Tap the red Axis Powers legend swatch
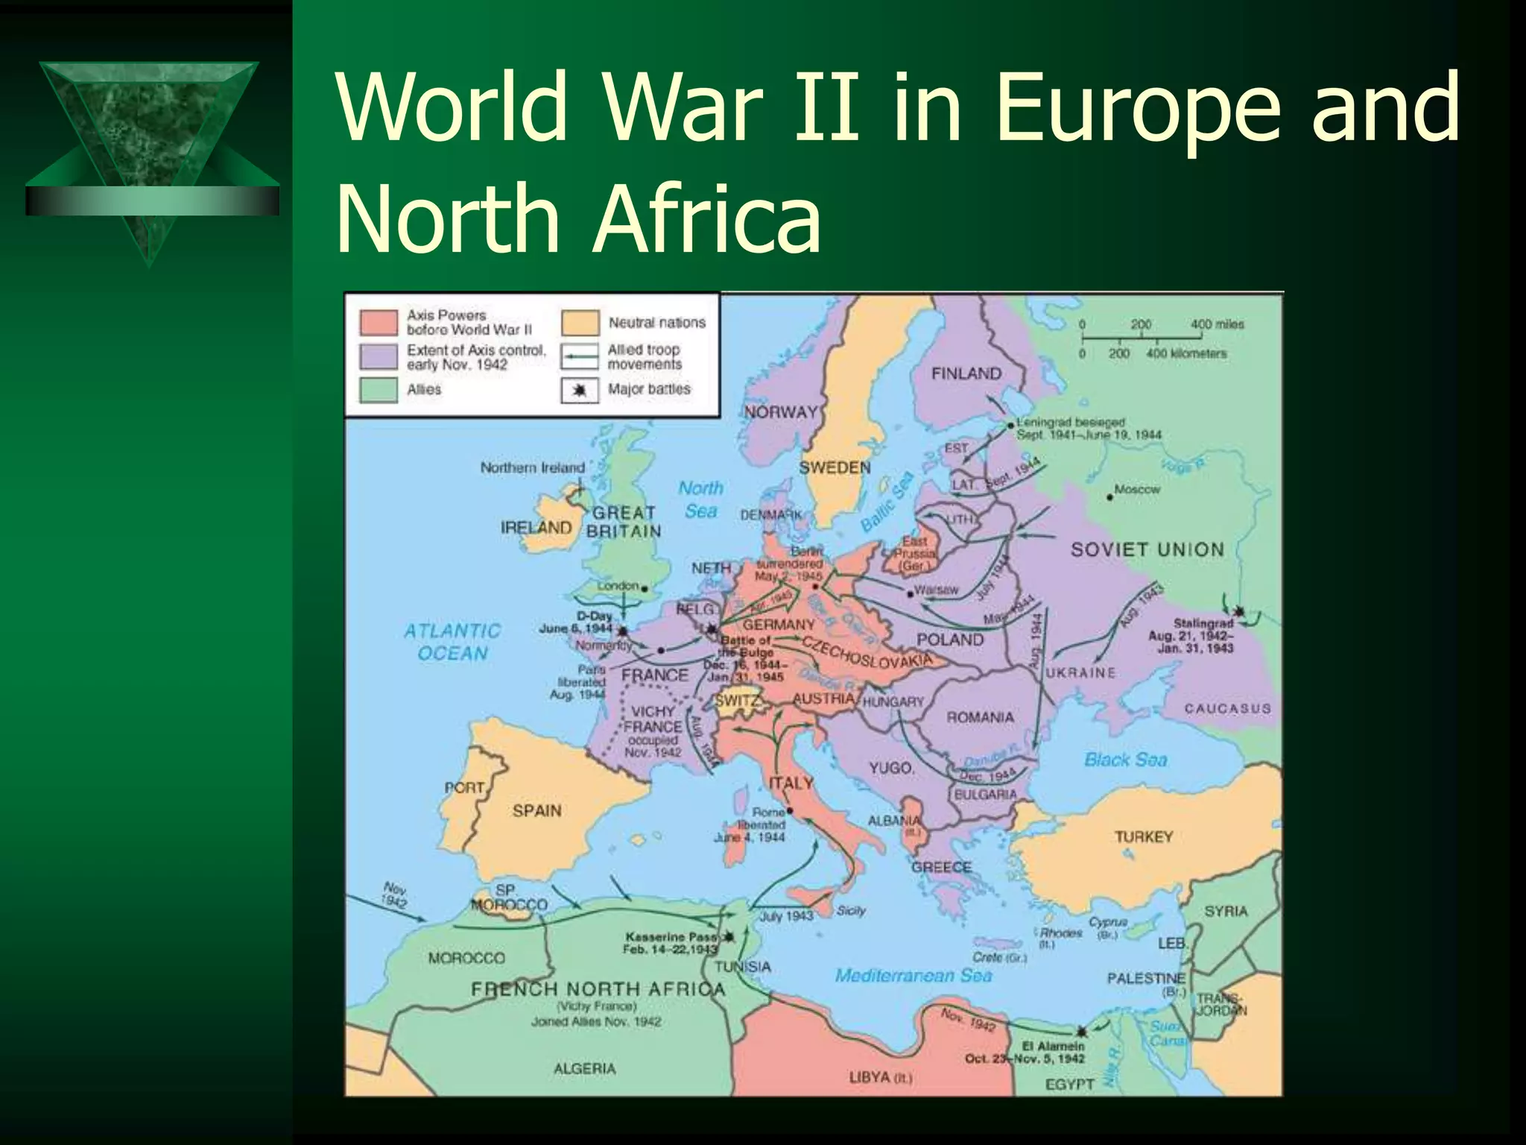(379, 322)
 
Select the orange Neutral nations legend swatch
(580, 323)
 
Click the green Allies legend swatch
(379, 390)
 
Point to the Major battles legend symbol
(580, 390)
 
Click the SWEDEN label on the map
(835, 467)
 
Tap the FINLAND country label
(966, 373)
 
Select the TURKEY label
(1144, 837)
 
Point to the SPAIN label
(536, 810)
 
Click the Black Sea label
(1125, 760)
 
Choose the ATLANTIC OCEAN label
(452, 642)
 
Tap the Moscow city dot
(1110, 497)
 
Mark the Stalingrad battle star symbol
(1238, 611)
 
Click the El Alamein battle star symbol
(1080, 1032)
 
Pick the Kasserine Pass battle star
(729, 936)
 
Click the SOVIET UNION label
(1147, 549)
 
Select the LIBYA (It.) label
(880, 1077)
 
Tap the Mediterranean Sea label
(914, 975)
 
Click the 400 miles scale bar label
(1217, 324)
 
